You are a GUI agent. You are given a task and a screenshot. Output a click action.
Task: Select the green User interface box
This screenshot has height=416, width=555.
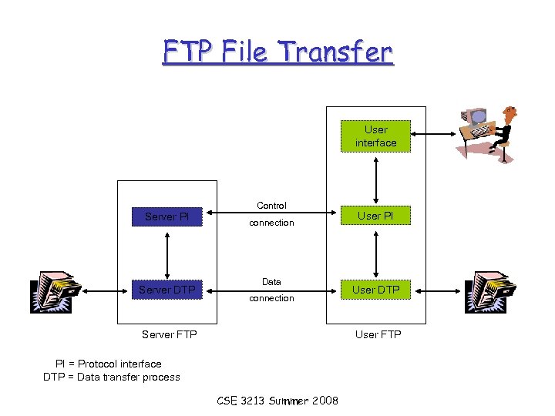pos(376,136)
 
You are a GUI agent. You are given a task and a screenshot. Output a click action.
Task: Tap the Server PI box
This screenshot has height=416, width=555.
pos(166,216)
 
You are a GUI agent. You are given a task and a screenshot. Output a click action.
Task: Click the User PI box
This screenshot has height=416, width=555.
pos(376,216)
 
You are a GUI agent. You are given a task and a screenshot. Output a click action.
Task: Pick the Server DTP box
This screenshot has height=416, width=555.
pos(166,290)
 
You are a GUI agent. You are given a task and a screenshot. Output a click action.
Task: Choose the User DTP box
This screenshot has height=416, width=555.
pos(376,290)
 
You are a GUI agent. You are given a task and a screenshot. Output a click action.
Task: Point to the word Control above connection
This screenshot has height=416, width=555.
pos(271,206)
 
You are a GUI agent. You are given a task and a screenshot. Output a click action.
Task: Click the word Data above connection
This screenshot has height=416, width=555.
pos(271,283)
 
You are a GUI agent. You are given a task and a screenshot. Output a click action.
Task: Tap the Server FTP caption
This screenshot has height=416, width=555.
pos(170,334)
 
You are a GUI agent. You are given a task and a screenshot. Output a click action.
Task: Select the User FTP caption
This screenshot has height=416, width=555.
pos(378,334)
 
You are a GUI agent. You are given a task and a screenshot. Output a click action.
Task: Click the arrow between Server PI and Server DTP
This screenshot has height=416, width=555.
pos(167,253)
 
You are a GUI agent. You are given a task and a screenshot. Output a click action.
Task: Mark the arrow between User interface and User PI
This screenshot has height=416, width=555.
pos(376,180)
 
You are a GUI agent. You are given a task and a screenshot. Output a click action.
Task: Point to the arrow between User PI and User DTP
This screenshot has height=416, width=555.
pos(376,253)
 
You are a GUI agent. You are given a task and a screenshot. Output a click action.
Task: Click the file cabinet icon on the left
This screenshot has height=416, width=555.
pos(55,292)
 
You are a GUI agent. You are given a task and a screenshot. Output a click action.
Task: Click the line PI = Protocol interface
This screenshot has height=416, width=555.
pos(108,364)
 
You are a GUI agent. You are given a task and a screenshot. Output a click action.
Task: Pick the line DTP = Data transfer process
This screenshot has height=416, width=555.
pos(112,377)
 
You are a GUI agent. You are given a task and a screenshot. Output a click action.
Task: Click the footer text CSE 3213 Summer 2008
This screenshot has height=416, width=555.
pos(277,401)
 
